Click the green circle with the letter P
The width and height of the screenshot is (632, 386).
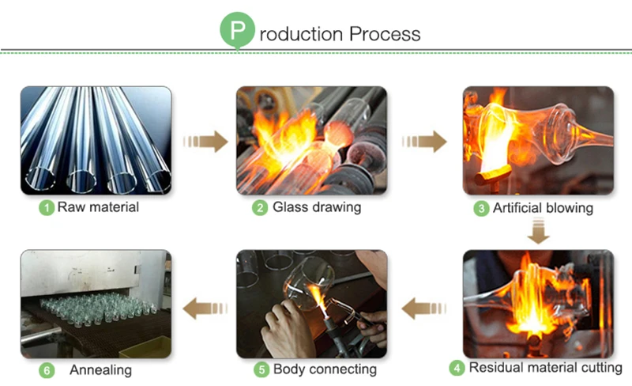(x=236, y=32)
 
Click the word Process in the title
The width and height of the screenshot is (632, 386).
(x=384, y=34)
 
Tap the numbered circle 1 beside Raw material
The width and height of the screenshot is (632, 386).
(x=47, y=209)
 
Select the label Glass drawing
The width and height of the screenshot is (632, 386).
(x=317, y=208)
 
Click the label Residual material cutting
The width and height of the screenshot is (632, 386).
(x=545, y=368)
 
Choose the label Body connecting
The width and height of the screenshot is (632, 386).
(x=325, y=369)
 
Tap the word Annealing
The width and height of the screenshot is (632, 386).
(x=100, y=369)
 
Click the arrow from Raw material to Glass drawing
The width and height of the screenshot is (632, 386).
(x=204, y=142)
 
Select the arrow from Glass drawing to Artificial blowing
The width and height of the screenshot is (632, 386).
(x=424, y=142)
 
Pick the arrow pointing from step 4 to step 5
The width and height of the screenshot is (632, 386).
(x=424, y=308)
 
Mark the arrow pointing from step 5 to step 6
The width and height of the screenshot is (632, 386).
(x=204, y=308)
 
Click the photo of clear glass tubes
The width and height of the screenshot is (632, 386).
(x=96, y=141)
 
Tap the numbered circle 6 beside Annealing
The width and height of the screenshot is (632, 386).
(x=47, y=369)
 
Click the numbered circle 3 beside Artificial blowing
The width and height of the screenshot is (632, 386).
(x=480, y=209)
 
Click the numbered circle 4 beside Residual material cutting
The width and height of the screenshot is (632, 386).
(x=457, y=368)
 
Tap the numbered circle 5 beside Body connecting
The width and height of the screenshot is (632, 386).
(x=261, y=369)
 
